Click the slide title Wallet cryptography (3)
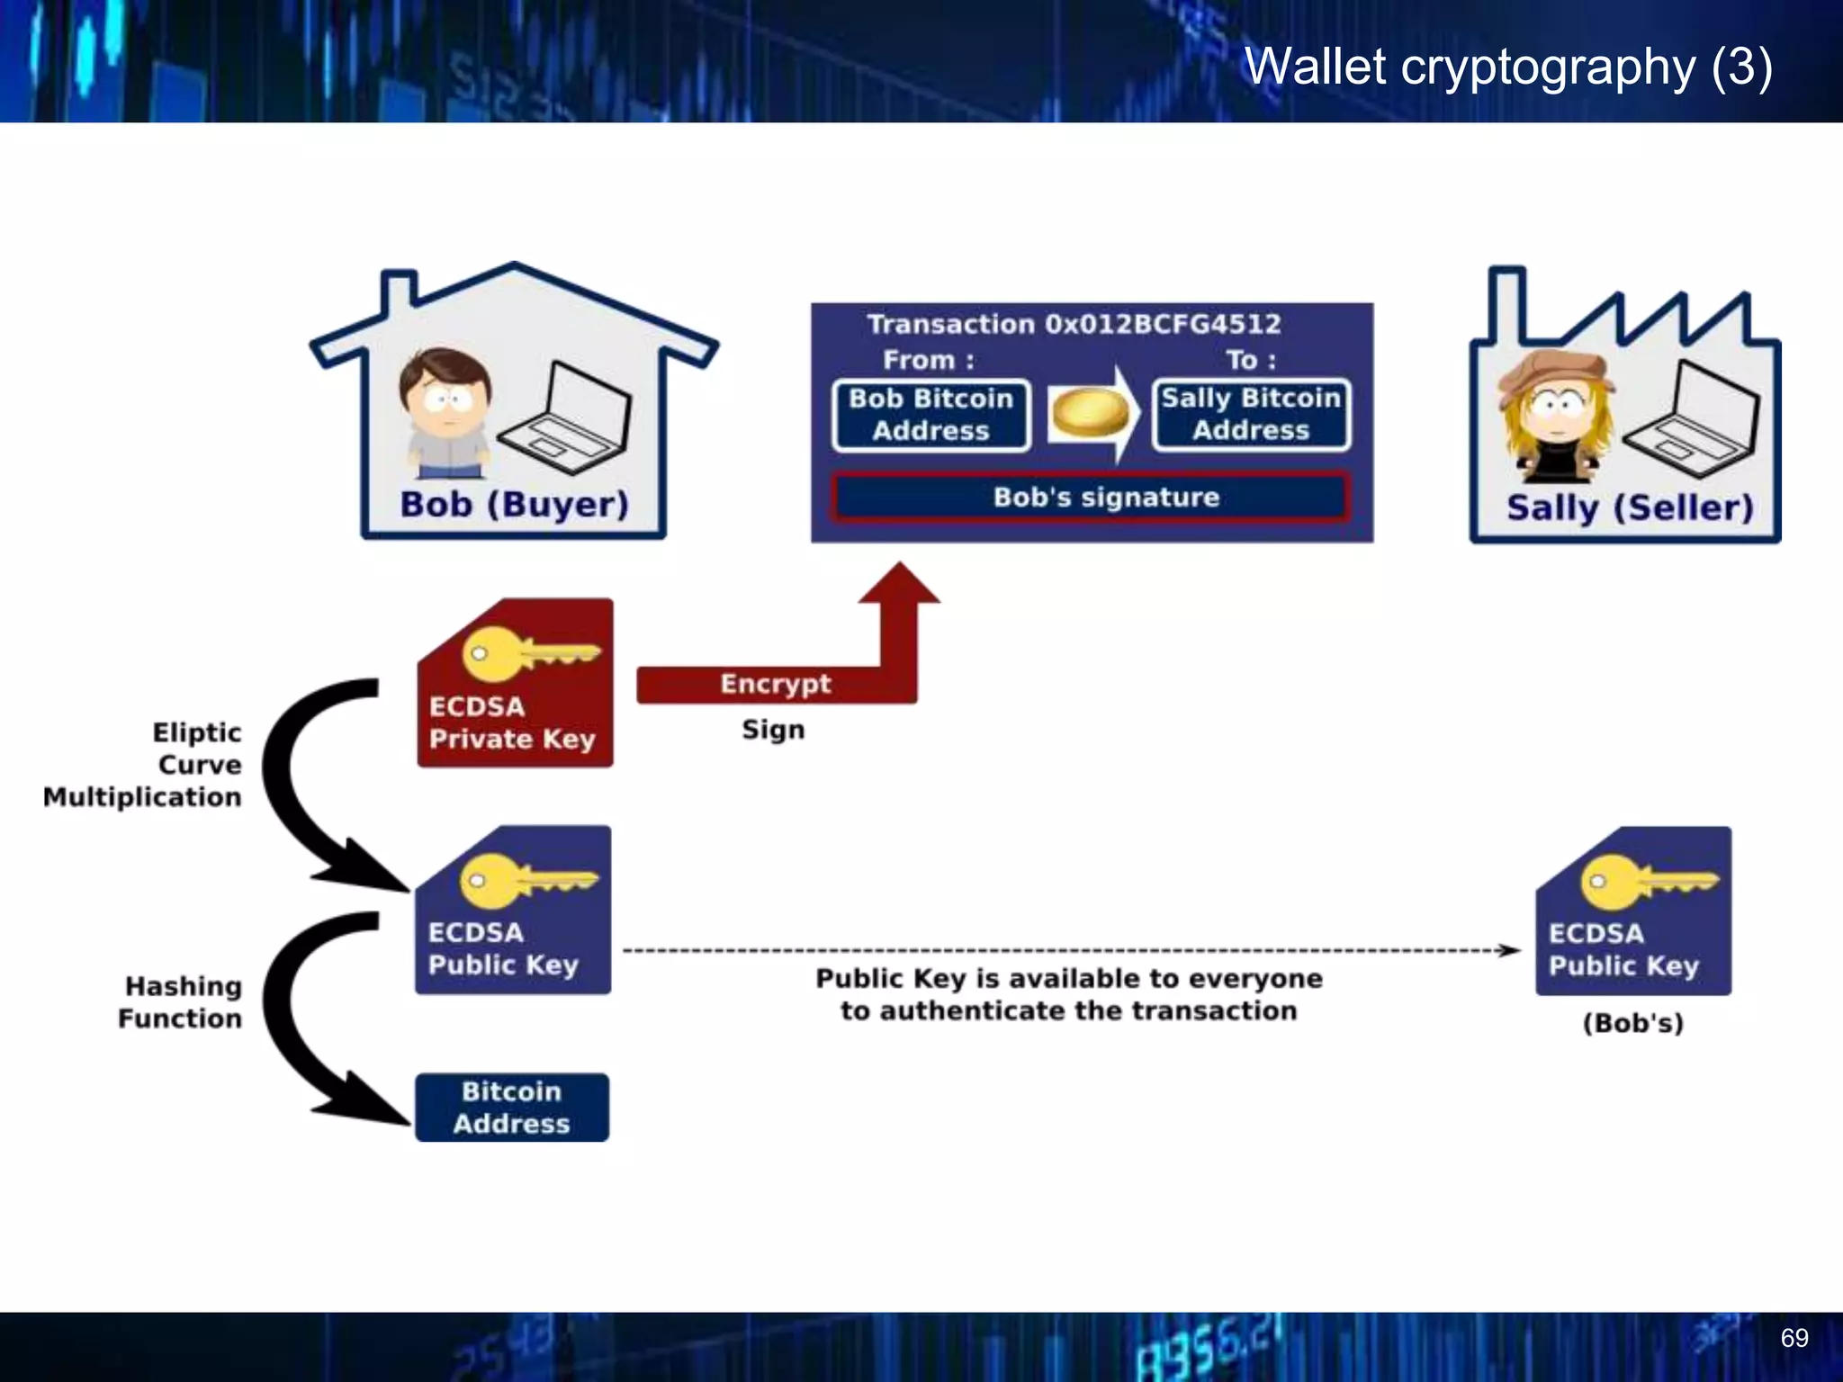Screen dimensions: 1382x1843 [1507, 67]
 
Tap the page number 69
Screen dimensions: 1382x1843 [1794, 1338]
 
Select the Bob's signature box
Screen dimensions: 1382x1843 [1090, 498]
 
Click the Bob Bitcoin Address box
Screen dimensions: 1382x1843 [931, 415]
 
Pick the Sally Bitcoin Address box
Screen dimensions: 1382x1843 [1251, 415]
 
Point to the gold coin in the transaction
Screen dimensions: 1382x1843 [1090, 414]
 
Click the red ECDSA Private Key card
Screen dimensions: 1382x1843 [515, 684]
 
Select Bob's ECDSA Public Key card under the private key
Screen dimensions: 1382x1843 [513, 911]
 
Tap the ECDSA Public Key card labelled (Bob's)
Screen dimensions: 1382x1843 [1632, 911]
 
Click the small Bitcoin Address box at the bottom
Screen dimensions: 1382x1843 [511, 1108]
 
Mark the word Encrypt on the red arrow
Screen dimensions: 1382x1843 [775, 684]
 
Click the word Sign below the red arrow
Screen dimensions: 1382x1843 [773, 730]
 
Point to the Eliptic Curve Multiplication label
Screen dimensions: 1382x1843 [144, 765]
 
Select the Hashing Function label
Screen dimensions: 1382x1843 [181, 1002]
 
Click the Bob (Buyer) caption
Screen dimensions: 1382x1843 [514, 505]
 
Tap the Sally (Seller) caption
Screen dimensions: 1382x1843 [1630, 508]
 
